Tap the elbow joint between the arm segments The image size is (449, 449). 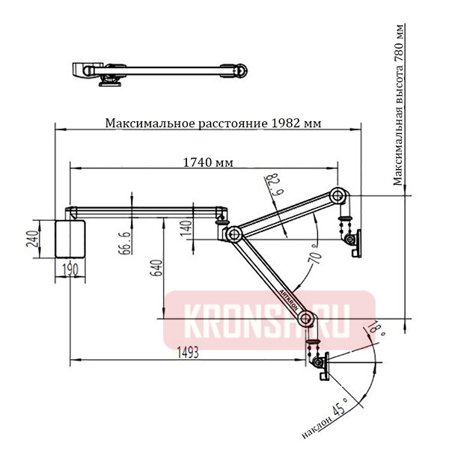pyautogui.click(x=233, y=234)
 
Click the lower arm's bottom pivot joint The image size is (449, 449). pyautogui.click(x=305, y=320)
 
